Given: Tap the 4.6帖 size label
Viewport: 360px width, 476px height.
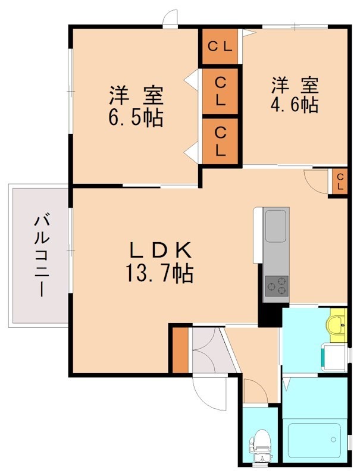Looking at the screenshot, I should pos(295,104).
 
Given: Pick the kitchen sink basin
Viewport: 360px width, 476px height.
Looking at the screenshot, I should pos(276,226).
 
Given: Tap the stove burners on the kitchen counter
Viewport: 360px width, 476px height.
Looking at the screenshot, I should pos(276,286).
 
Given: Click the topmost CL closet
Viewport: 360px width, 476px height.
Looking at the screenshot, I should pos(220,46).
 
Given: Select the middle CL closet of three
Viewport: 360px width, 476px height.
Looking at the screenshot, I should pos(220,90).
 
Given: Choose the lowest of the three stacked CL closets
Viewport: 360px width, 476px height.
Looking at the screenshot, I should pos(220,141).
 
